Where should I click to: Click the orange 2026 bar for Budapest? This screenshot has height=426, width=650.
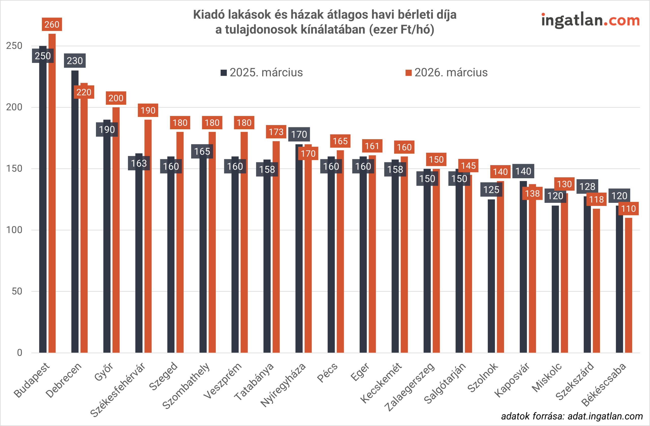click(52, 191)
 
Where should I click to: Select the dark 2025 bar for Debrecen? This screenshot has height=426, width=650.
click(75, 213)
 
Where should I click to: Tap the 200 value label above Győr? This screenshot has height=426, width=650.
click(116, 98)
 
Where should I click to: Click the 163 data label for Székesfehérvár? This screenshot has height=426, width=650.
click(139, 163)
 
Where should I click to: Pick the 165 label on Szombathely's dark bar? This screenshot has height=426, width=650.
click(202, 151)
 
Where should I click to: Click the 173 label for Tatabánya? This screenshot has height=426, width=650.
click(276, 132)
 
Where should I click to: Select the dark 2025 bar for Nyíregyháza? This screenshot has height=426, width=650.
click(299, 245)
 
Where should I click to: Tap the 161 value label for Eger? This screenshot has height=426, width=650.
click(372, 146)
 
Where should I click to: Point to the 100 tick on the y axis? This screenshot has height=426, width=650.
click(14, 230)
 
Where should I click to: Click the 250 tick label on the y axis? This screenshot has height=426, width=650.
click(14, 46)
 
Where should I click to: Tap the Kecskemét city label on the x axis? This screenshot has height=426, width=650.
click(381, 383)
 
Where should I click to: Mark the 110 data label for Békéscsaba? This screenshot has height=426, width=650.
click(628, 209)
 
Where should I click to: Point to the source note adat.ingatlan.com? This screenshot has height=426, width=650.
click(572, 416)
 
